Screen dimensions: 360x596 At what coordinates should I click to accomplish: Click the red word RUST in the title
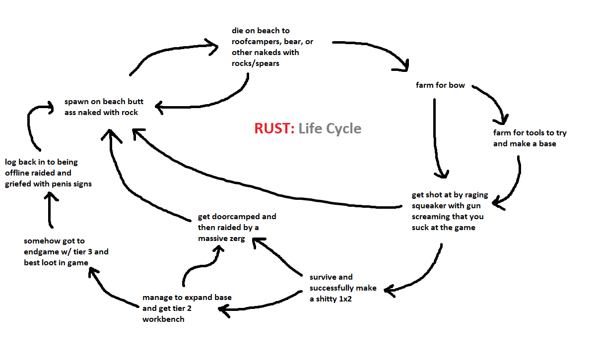click(274, 128)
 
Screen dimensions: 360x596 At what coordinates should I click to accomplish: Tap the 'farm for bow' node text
click(440, 85)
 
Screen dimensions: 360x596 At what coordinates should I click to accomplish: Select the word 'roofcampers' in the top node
click(258, 42)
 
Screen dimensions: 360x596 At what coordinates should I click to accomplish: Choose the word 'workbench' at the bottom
click(163, 319)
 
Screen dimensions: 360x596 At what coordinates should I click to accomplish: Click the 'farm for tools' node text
click(530, 138)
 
